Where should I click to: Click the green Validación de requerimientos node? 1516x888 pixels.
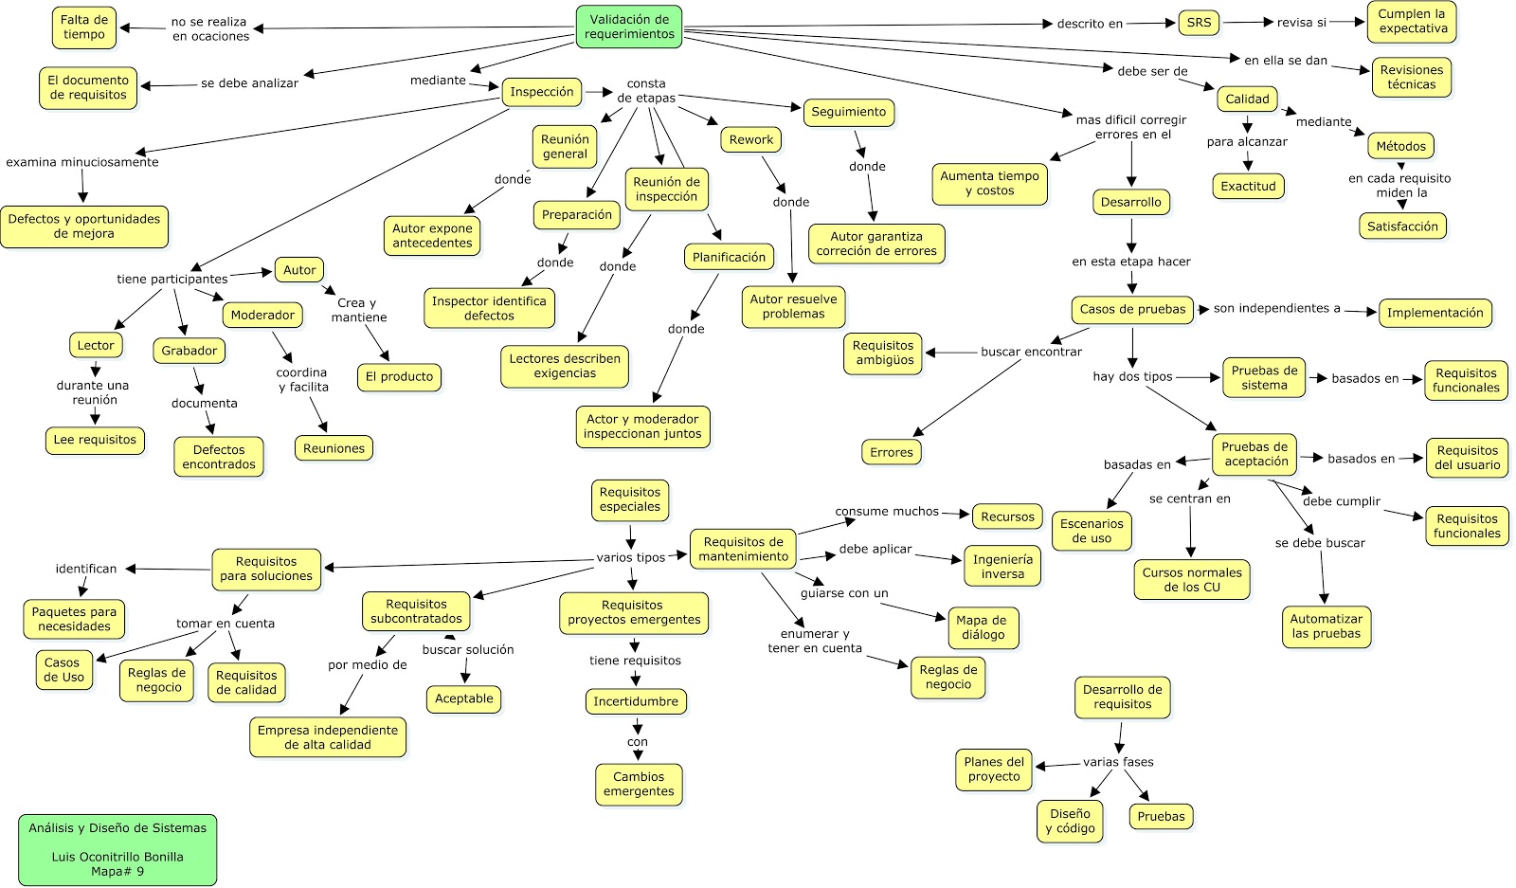(x=629, y=27)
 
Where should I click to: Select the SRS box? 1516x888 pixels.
(x=1199, y=23)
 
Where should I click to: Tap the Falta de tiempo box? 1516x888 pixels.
(x=83, y=27)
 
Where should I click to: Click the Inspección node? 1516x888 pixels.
(x=541, y=92)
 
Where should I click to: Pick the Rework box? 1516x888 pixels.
(x=751, y=139)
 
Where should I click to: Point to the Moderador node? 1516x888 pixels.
(x=262, y=315)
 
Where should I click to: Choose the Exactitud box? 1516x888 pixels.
(x=1248, y=186)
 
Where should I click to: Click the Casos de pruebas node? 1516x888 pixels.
(x=1132, y=309)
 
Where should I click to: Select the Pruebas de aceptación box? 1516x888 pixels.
(x=1254, y=454)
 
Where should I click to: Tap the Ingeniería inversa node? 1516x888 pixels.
(x=1002, y=567)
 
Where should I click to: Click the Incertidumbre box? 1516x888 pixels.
(x=636, y=701)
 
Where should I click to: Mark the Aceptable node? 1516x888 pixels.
(x=463, y=698)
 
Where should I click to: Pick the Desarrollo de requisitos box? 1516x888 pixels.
(x=1122, y=697)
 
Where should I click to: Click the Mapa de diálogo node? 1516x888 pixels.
(x=983, y=627)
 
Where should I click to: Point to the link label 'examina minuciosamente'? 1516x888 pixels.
(x=82, y=162)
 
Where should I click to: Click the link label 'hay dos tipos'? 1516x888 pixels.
(x=1132, y=376)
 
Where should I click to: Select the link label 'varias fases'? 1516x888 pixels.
(x=1118, y=762)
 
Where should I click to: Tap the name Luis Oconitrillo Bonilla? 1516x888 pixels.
(x=117, y=857)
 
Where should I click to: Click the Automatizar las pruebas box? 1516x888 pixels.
(x=1326, y=626)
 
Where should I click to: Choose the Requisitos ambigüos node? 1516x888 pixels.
(x=883, y=353)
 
